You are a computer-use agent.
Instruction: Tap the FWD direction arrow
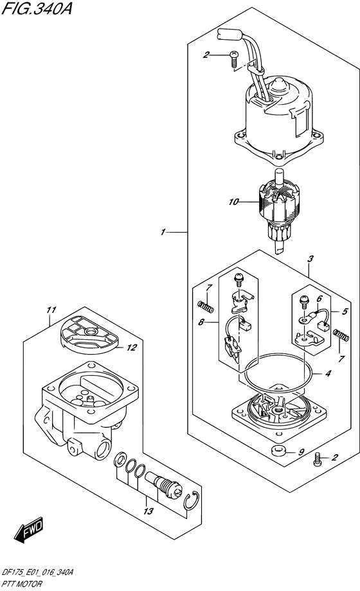[31, 532]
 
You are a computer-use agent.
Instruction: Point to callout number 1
[165, 232]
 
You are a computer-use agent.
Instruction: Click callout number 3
[310, 260]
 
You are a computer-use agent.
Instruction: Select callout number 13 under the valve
[148, 511]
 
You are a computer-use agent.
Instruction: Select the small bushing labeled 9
[278, 450]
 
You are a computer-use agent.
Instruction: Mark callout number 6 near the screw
[319, 299]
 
